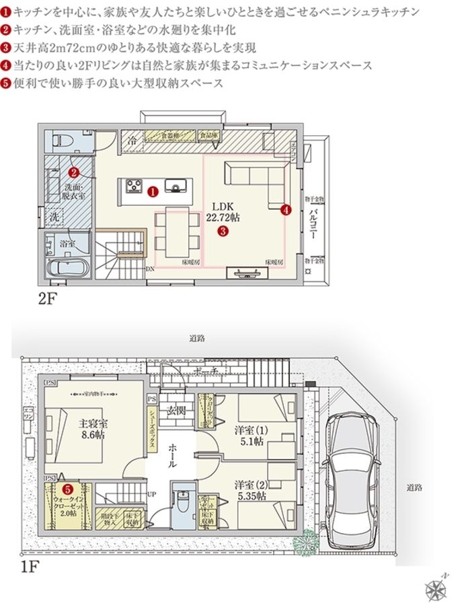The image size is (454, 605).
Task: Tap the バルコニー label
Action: pos(314,218)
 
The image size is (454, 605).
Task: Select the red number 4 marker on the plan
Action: pos(286,209)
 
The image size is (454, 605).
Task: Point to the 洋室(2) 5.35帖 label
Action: pos(251,490)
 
